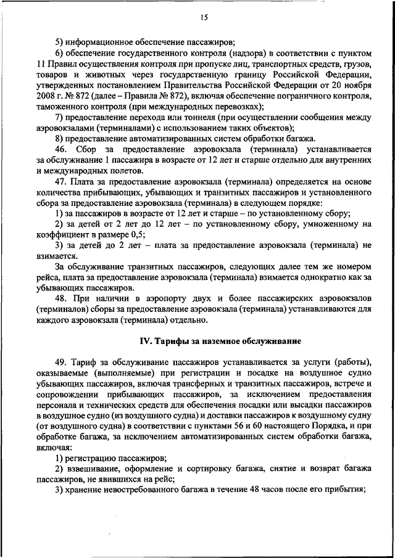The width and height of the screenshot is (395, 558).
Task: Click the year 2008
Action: (x=46, y=97)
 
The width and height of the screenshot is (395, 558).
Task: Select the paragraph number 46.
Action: (x=60, y=150)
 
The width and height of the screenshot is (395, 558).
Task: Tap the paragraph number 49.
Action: (x=60, y=361)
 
